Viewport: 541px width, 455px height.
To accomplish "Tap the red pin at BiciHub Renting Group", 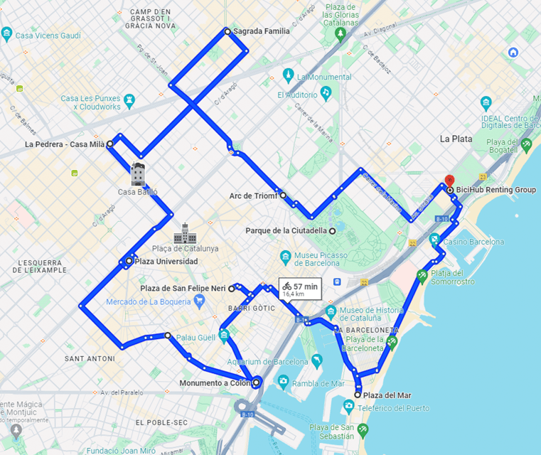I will tap(449, 181).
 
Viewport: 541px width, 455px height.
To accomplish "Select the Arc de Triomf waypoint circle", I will tap(283, 195).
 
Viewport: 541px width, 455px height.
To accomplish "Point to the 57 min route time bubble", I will tap(301, 289).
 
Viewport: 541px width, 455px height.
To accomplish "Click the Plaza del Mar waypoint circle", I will tap(358, 395).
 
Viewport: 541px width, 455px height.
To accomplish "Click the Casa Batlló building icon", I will tap(138, 173).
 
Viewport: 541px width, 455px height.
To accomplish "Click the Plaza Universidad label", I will tap(166, 261).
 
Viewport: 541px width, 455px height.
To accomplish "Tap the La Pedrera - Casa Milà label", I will tap(65, 144).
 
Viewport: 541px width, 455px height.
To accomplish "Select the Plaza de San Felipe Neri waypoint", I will tap(232, 289).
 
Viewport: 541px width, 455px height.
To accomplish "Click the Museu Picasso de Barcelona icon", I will tap(285, 256).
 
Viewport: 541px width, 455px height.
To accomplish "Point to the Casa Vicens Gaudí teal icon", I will tap(7, 33).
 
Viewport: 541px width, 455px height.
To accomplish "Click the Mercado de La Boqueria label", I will tap(149, 301).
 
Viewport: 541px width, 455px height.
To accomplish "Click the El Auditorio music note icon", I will tap(326, 92).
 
